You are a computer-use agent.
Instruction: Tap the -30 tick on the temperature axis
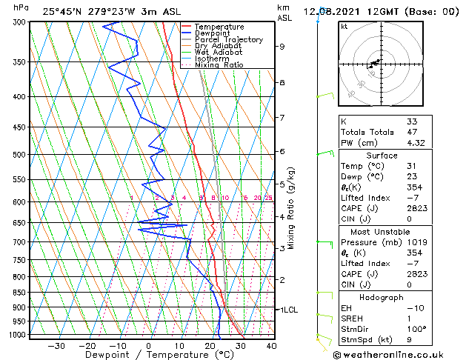pos(56,345)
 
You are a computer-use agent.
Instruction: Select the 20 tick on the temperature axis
pos(210,345)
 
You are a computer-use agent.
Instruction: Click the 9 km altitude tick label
pos(282,47)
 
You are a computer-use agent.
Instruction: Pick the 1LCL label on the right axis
pos(287,310)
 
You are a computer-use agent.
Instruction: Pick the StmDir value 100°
pos(416,329)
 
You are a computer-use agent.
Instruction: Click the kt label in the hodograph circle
pos(344,27)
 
